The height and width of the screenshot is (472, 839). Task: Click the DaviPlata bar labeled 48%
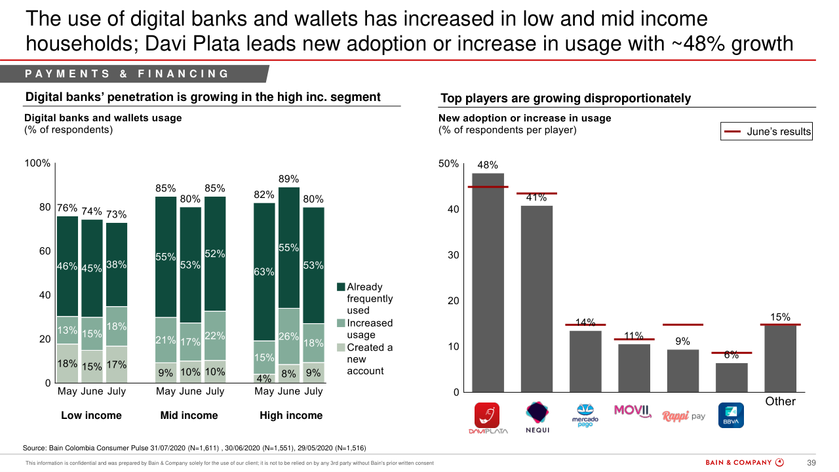click(488, 282)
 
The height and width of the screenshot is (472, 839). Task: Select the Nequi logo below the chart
click(537, 417)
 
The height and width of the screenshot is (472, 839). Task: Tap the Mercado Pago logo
click(585, 416)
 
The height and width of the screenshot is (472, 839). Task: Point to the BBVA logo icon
click(731, 415)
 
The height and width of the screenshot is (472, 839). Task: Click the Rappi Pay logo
click(683, 416)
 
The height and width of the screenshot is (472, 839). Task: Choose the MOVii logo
click(634, 411)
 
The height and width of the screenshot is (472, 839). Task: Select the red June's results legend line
click(732, 132)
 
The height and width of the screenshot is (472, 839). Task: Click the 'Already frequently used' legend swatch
click(341, 287)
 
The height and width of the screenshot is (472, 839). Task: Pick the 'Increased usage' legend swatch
click(341, 323)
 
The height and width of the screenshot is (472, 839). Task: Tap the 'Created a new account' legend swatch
click(341, 347)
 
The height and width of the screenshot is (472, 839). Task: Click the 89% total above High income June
click(288, 179)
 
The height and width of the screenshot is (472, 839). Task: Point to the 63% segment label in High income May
click(264, 271)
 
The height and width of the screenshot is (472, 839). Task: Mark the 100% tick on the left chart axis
click(37, 163)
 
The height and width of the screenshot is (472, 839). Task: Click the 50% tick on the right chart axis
click(448, 163)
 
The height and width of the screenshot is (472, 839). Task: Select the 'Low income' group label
click(91, 416)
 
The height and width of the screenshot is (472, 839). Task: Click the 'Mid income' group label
click(189, 416)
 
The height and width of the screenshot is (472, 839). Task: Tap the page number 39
click(811, 463)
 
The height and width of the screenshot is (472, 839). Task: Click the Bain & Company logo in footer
click(744, 463)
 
